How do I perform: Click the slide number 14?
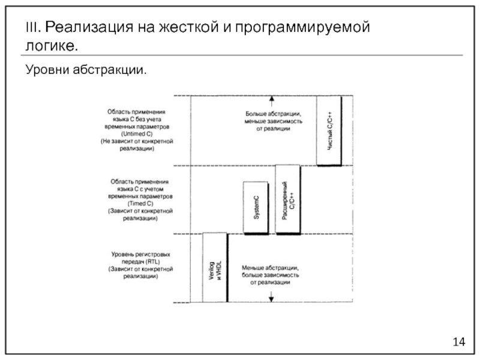tap(459, 341)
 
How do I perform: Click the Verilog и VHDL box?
tap(214, 267)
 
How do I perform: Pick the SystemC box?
tap(255, 206)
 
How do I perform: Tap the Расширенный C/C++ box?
tap(287, 200)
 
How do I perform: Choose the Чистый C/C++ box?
tap(328, 129)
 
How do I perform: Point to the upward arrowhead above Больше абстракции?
tap(271, 99)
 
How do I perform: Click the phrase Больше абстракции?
tap(272, 113)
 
